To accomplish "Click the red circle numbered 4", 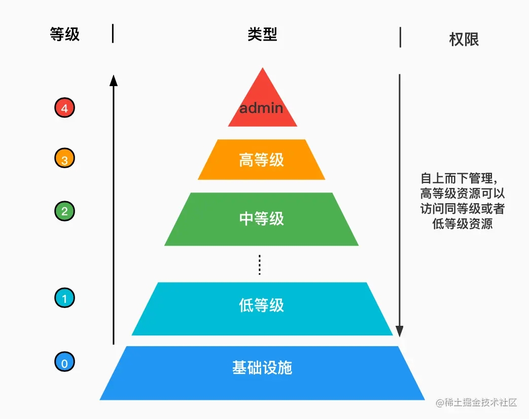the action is (64, 108).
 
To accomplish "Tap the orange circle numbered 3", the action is (64, 158).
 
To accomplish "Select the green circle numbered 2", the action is (64, 211).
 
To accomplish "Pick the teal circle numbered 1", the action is (64, 298).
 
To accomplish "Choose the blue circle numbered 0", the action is (64, 362).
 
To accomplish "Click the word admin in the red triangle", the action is (261, 108).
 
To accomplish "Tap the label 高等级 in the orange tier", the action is (262, 160).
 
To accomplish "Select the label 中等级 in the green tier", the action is (262, 219).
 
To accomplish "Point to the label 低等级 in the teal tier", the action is (262, 306).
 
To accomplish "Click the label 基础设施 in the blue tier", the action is (262, 367).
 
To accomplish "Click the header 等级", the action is (64, 34).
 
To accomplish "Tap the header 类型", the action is (262, 34).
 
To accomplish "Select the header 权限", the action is (464, 40).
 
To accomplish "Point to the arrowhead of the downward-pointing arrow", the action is (400, 331).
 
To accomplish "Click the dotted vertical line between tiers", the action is (260, 265).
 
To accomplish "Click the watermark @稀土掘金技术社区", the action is (476, 402).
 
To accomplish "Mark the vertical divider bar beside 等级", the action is (113, 33).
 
